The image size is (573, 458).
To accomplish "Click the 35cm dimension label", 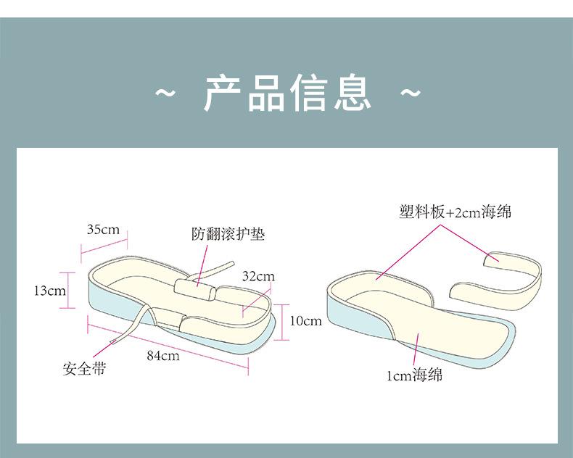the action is (x=103, y=230).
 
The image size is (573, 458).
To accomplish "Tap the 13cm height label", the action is (x=50, y=291).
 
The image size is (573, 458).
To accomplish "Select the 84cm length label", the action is (x=162, y=355).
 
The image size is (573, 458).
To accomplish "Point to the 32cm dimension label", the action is (x=258, y=277).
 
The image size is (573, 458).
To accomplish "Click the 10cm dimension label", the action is (x=305, y=320).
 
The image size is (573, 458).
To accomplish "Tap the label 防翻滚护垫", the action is (x=228, y=235).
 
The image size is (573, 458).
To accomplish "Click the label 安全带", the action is (x=84, y=369).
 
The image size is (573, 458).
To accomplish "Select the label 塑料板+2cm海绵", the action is (x=455, y=212).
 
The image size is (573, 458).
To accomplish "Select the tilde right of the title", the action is (x=411, y=93).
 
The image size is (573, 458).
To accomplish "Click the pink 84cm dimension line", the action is (x=168, y=346).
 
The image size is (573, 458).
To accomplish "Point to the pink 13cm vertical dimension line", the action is (x=70, y=290).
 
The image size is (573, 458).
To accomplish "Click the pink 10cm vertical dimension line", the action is (x=282, y=320).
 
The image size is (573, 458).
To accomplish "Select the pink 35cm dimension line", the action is (x=104, y=243).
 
